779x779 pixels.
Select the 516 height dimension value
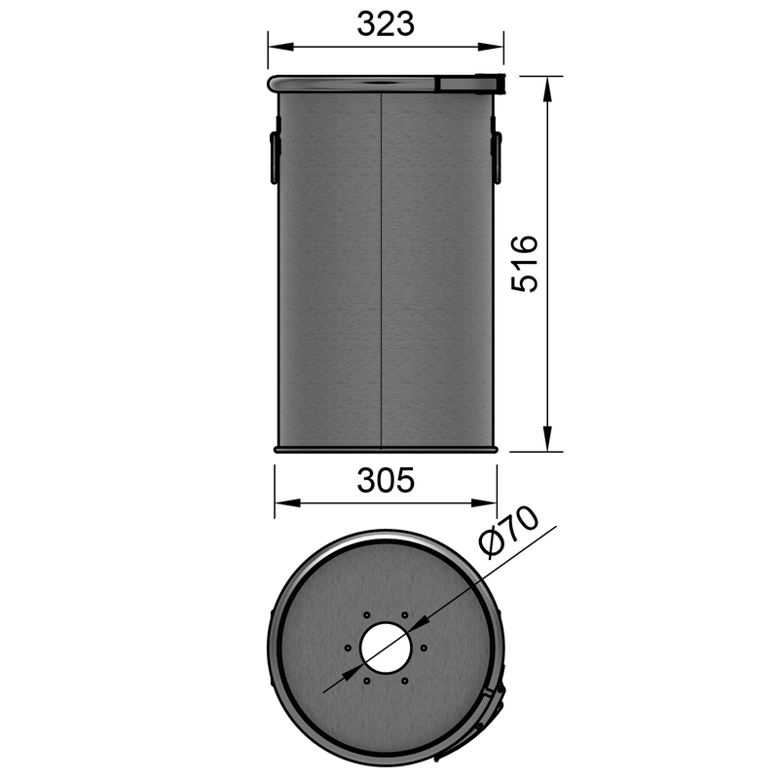526,263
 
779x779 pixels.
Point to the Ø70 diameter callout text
508,534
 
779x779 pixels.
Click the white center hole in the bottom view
386,649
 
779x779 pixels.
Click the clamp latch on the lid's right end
468,85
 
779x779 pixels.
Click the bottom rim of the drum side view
386,450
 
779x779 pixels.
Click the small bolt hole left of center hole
348,649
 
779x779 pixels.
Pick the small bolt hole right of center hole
424,649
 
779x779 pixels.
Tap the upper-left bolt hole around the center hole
366,615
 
